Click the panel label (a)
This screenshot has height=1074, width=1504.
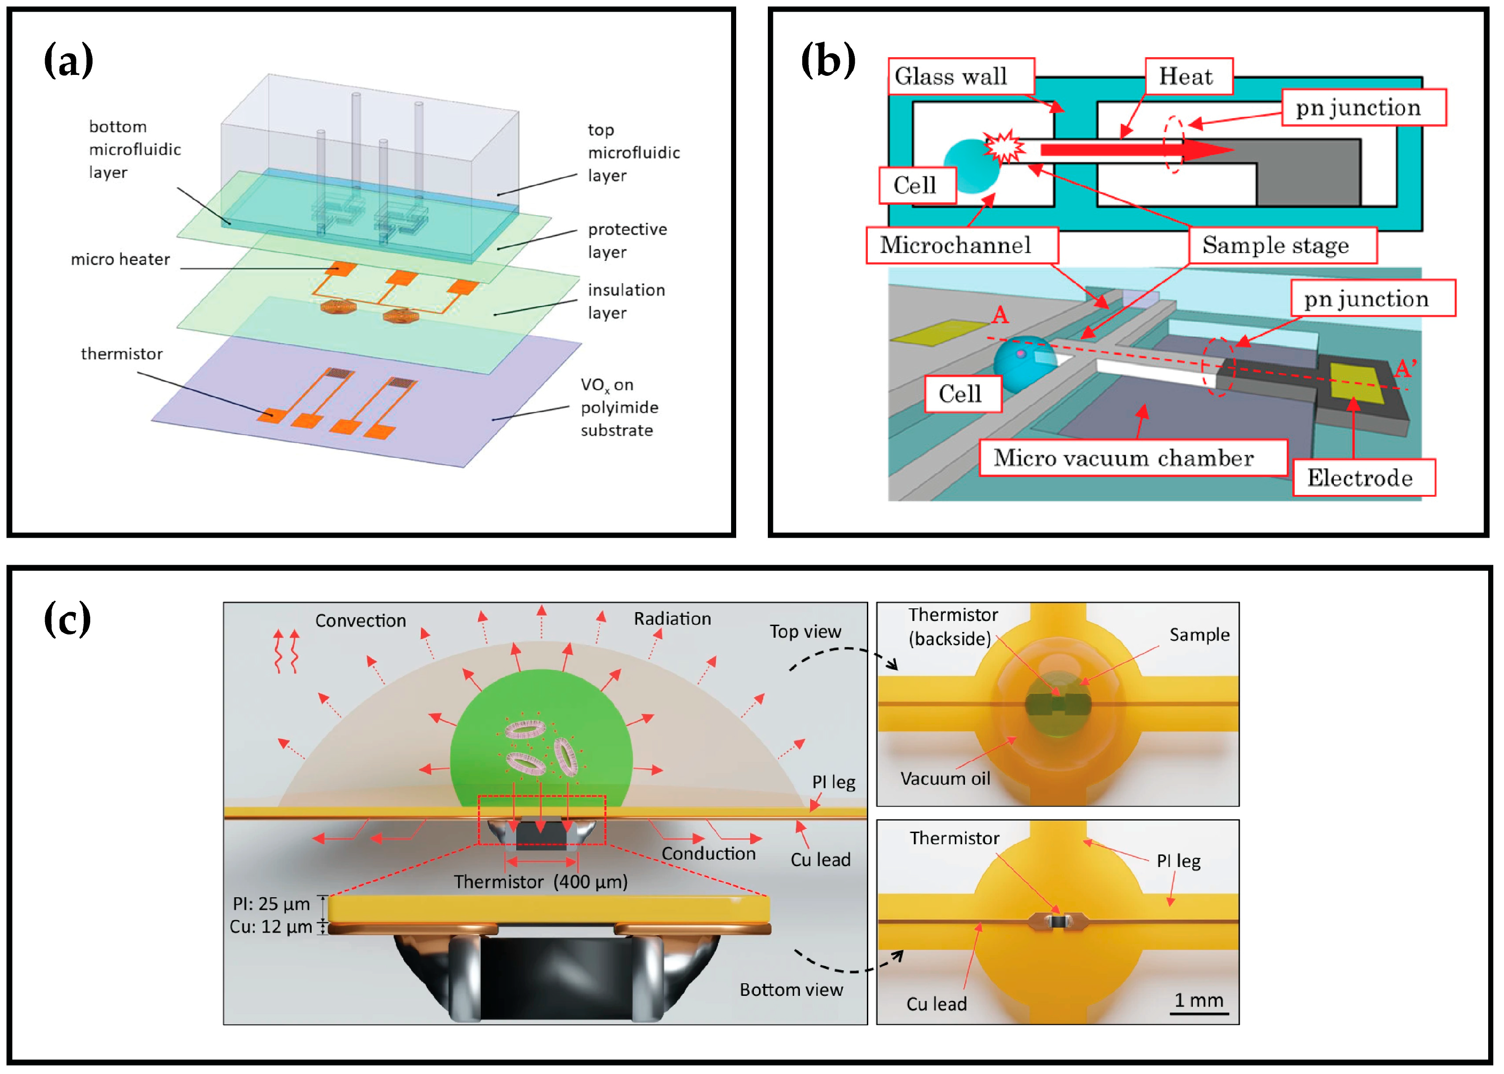[x=68, y=60]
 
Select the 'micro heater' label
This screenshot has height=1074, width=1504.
[x=120, y=259]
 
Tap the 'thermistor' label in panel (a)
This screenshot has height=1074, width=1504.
[x=122, y=354]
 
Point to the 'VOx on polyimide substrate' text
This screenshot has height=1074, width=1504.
[x=619, y=407]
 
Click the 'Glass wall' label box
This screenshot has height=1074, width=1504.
[x=959, y=77]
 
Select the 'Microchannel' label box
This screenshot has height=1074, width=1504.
[x=961, y=245]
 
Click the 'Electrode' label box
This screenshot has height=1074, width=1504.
[x=1363, y=478]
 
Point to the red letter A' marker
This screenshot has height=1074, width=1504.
[x=1405, y=368]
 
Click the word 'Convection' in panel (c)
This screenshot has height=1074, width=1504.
[x=360, y=620]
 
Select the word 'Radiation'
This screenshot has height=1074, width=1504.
[x=672, y=618]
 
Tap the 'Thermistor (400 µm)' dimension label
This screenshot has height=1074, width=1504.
[x=540, y=881]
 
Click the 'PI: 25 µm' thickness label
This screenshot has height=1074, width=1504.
[x=271, y=903]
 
